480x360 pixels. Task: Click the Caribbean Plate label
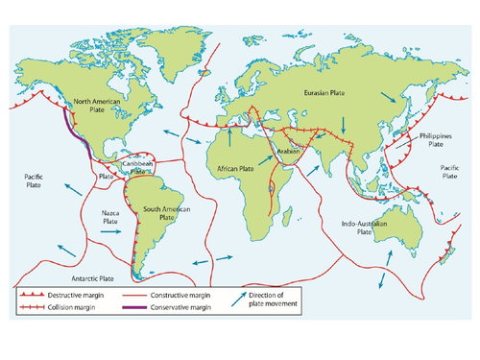140,166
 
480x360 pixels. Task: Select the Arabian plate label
288,152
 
